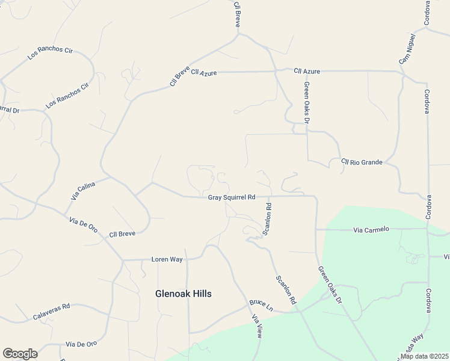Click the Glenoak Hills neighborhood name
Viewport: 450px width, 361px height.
pos(183,294)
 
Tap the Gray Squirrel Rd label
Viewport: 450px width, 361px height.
pos(232,197)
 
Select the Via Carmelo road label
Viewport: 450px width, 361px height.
pos(371,229)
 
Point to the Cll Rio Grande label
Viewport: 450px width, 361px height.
pos(362,162)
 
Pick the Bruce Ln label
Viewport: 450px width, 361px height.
pos(261,305)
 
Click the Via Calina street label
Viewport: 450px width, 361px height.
pos(83,191)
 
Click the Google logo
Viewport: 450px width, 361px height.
pos(20,354)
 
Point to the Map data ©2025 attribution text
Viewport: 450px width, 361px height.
pos(424,356)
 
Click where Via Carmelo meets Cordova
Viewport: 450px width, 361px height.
pos(428,229)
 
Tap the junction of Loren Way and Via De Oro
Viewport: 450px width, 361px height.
pos(123,261)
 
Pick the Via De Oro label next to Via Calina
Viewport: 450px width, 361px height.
pos(83,223)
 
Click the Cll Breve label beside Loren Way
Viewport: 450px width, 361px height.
pos(122,233)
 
